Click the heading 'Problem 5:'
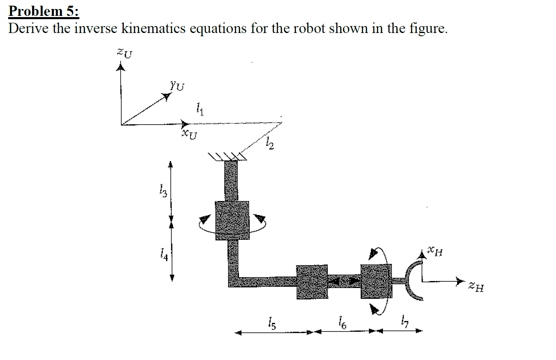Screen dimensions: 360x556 tap(44, 11)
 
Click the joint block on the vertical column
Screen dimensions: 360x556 tap(232, 220)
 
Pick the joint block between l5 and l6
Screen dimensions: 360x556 tap(312, 282)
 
